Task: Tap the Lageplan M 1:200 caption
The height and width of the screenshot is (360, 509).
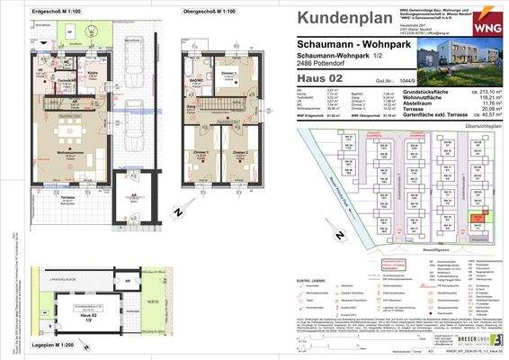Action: pyautogui.click(x=28, y=346)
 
